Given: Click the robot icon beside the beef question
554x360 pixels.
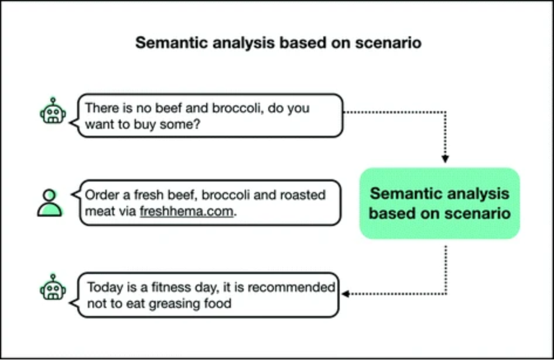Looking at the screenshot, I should coord(53,111).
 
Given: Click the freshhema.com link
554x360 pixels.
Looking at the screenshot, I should coord(187,212).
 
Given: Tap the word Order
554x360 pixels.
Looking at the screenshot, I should coord(100,196).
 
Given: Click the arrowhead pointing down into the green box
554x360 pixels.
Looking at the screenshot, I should coord(445,158).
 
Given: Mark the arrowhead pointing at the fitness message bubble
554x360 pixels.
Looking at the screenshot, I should coord(346,293).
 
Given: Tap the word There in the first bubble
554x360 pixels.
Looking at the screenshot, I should coord(100,108).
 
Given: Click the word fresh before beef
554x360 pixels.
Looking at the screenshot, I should coord(145,196).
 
